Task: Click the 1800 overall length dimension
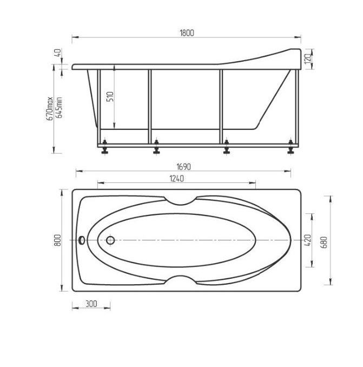[x=187, y=32]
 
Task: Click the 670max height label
[x=49, y=108]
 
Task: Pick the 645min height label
[x=58, y=107]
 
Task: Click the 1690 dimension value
[x=183, y=167]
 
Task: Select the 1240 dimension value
[x=177, y=179]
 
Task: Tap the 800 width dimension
[x=58, y=240]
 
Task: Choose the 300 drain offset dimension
[x=91, y=304]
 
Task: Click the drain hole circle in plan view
[x=111, y=240]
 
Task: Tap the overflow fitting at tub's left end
[x=82, y=240]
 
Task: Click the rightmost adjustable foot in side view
[x=291, y=148]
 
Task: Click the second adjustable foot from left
[x=156, y=148]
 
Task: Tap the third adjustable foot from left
[x=226, y=148]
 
